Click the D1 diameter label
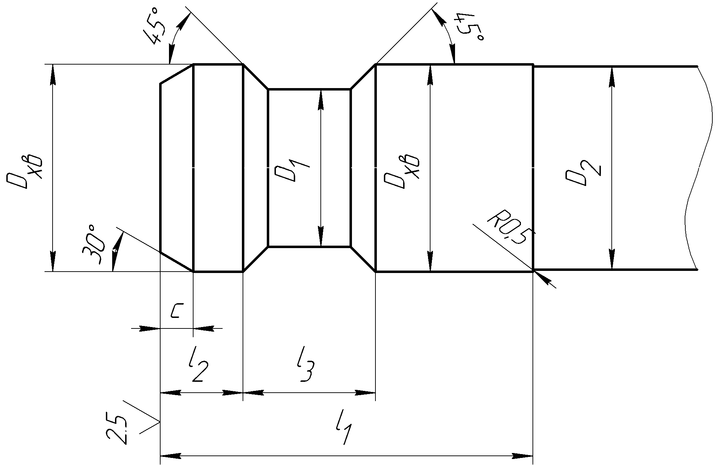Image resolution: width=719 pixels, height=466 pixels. coord(292,170)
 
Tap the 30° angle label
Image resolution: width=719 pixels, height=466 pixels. coord(94,244)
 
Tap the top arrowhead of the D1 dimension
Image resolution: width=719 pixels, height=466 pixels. coord(320,100)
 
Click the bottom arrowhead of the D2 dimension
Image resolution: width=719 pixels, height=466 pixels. coord(612,260)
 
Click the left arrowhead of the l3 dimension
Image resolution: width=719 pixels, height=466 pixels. coord(253,393)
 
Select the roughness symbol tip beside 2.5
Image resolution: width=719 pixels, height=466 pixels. coord(160,421)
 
